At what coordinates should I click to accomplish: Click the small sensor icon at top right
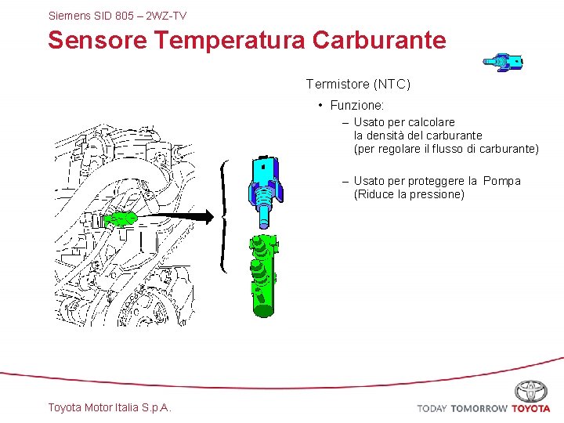503,63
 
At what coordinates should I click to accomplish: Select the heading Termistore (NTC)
358,84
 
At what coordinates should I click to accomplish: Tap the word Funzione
357,105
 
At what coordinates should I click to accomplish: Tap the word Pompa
502,181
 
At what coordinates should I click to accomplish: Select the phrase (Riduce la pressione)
409,194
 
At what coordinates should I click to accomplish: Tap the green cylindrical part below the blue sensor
262,274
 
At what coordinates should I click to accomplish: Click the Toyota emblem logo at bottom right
531,391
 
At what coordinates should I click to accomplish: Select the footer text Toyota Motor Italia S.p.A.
110,407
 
